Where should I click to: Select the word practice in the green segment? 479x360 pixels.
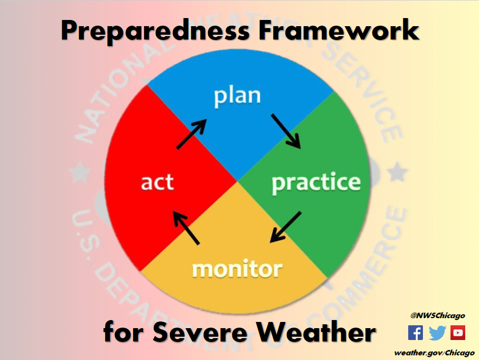coord(316,183)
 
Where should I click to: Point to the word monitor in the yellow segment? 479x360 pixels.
coord(238,269)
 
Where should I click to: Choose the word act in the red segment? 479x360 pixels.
coord(157,182)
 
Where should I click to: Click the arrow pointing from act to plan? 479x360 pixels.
coord(192,134)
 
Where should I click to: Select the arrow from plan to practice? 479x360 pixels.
coord(286,131)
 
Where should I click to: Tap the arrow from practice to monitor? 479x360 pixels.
coord(286,227)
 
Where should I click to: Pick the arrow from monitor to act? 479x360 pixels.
coord(186,228)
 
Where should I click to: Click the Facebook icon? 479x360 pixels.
coord(415,333)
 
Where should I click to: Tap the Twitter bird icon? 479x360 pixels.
coord(437,333)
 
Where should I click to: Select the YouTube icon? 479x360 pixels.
coord(458,333)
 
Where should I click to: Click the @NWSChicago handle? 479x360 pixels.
coord(438,316)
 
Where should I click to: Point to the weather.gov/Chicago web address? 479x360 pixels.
coord(434,353)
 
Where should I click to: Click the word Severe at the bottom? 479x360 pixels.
coord(200,332)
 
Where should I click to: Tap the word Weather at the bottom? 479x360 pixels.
coord(316,331)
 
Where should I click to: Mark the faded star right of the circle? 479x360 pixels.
coord(398,172)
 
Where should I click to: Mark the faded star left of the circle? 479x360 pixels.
coord(80,172)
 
